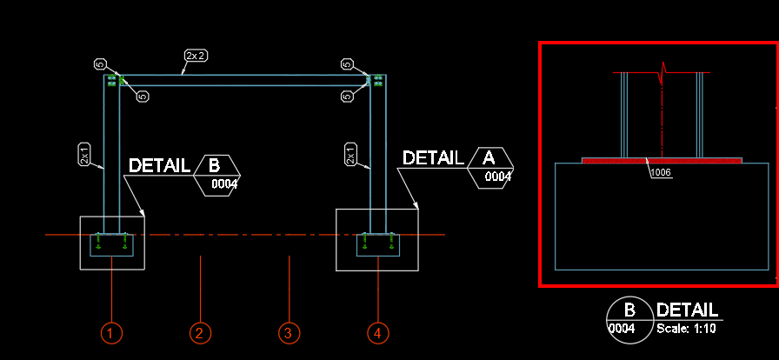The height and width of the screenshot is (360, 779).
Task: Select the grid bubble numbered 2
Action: (x=199, y=332)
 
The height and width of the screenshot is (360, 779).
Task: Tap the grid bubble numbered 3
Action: (x=289, y=332)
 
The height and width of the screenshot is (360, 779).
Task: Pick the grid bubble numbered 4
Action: (x=377, y=332)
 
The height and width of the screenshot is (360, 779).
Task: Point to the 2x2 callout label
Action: (x=195, y=57)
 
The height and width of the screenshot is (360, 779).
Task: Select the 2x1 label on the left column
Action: (x=84, y=155)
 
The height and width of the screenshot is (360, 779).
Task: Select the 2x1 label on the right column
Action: (x=350, y=155)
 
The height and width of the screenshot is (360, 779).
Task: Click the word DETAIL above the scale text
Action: (x=688, y=310)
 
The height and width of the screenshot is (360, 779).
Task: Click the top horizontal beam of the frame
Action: (x=243, y=80)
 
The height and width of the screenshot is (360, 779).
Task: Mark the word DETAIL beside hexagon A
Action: (x=432, y=157)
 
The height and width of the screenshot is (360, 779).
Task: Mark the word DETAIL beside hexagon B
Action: (x=159, y=165)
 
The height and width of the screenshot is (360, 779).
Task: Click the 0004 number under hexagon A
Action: (x=498, y=177)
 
